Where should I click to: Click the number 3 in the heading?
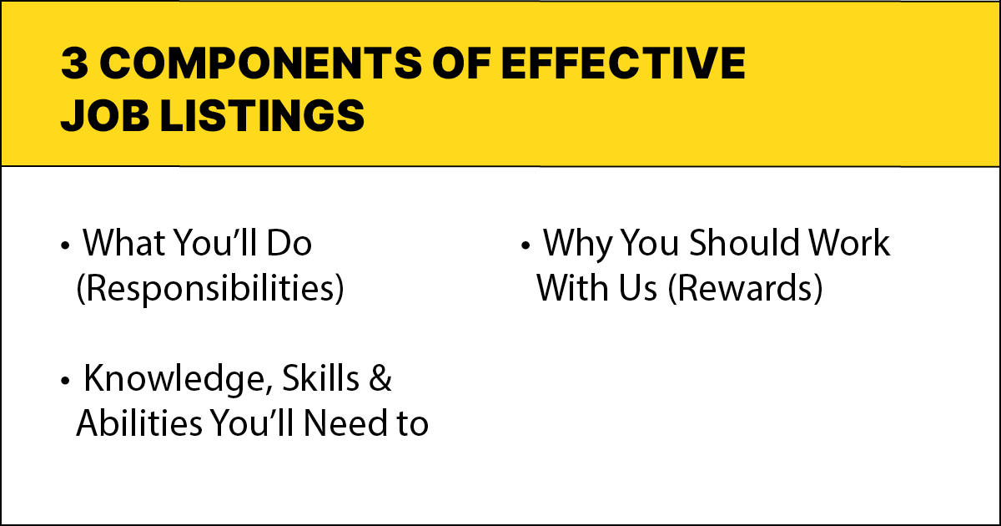click(74, 65)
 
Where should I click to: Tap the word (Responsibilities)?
click(209, 289)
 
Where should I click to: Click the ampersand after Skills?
click(380, 380)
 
